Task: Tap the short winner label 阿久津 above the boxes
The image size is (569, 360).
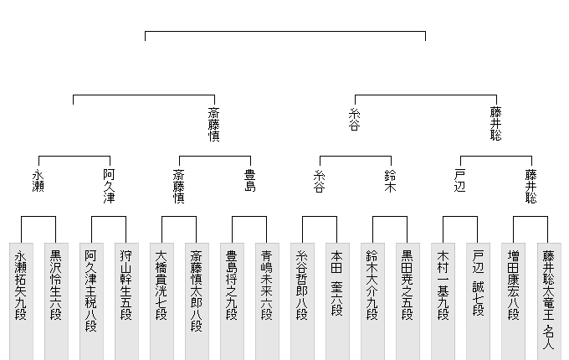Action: point(109,187)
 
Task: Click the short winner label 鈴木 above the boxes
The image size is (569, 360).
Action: point(390,181)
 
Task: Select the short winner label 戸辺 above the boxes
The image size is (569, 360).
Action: point(460,181)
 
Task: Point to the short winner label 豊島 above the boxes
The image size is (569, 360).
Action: point(249,181)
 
